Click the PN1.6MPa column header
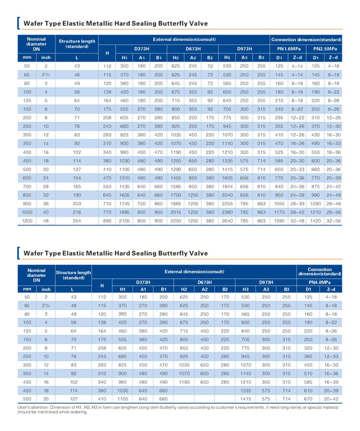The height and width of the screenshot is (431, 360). [x=288, y=49]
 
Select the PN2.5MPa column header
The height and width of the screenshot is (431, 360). [x=325, y=49]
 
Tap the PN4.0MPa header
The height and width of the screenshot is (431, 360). [x=320, y=282]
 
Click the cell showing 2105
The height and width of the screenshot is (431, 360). [x=124, y=221]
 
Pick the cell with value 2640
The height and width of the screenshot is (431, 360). [x=227, y=221]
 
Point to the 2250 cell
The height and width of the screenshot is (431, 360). [x=176, y=221]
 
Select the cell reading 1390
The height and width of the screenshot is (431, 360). [x=279, y=221]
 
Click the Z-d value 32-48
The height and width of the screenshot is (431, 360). [x=297, y=221]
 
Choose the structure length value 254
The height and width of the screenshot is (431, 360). [x=77, y=221]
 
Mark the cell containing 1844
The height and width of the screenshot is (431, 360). [x=227, y=186]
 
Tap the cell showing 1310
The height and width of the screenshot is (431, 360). [x=124, y=178]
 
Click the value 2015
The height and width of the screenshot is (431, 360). [x=176, y=212]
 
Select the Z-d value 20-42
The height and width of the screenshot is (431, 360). [x=331, y=399]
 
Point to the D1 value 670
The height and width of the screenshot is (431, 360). [x=308, y=399]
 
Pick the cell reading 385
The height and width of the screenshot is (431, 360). [x=308, y=356]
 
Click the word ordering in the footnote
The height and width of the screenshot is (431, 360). [x=79, y=412]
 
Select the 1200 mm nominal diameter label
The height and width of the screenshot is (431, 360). [x=27, y=221]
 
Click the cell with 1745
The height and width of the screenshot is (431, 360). [x=124, y=204]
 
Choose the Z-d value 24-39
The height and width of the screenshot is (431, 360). [x=297, y=195]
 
